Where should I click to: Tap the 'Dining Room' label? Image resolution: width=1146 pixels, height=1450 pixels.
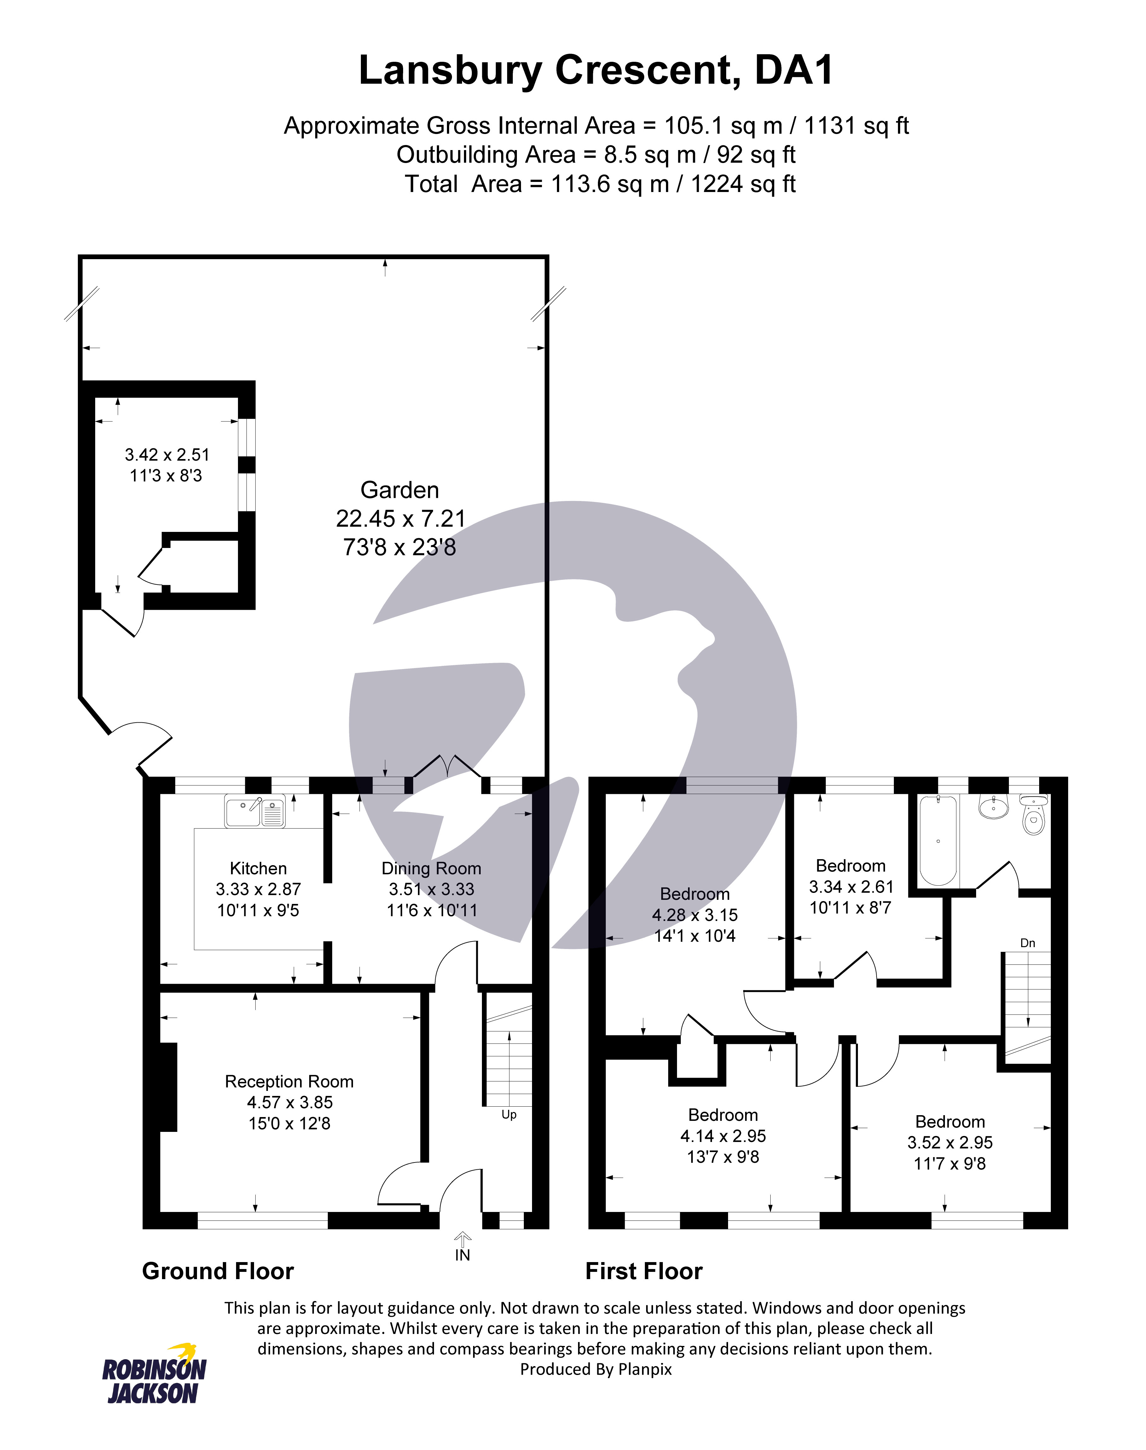(431, 869)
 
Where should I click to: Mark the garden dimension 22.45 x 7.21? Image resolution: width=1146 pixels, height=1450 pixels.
(401, 519)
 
